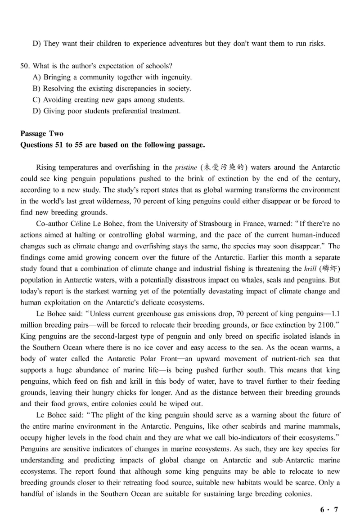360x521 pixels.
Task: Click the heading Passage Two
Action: (42, 134)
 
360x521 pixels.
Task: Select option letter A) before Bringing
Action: (37, 77)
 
